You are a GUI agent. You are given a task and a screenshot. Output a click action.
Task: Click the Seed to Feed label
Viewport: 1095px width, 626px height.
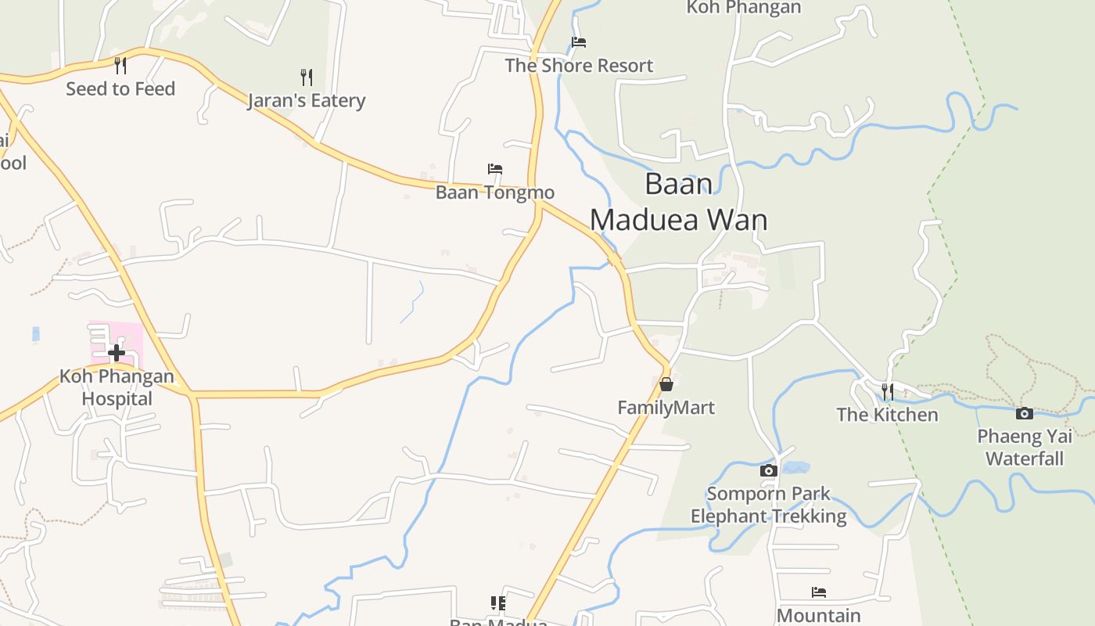click(x=120, y=89)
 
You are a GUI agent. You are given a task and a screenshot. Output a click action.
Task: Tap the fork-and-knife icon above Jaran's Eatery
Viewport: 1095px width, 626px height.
click(x=307, y=77)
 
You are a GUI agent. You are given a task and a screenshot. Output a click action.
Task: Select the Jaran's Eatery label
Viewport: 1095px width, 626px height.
click(x=307, y=101)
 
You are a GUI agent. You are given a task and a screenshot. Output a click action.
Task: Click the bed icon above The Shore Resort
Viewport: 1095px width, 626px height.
click(x=579, y=41)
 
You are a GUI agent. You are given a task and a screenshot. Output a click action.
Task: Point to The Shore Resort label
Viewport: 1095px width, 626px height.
click(x=579, y=66)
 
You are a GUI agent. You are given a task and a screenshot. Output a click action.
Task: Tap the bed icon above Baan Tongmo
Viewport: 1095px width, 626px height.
click(x=494, y=168)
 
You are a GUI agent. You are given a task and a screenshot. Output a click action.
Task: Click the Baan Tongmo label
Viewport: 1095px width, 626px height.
click(x=494, y=192)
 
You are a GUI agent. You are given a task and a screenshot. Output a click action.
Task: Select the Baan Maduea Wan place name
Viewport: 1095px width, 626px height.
click(x=678, y=202)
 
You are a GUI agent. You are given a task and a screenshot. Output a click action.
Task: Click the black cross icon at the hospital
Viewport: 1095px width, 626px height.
click(x=117, y=353)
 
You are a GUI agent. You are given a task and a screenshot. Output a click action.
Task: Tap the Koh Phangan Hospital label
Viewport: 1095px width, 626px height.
click(x=117, y=387)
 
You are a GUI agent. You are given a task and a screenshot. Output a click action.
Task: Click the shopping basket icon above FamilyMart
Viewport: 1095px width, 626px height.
click(x=666, y=384)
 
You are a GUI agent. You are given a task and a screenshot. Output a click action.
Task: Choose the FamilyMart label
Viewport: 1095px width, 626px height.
click(x=666, y=408)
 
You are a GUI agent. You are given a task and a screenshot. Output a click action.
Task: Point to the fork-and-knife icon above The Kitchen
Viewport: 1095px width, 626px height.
click(x=888, y=390)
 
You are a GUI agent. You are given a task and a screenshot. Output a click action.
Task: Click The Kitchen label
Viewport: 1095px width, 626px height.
click(x=888, y=415)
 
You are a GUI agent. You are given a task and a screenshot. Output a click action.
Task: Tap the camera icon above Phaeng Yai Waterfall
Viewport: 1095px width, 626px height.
click(x=1025, y=413)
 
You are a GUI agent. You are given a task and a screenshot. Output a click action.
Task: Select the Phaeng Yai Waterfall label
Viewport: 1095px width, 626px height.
click(x=1025, y=447)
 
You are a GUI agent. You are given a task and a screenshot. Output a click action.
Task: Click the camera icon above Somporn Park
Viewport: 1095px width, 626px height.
click(x=769, y=470)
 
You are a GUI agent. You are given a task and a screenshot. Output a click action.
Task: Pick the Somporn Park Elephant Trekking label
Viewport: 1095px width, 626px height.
click(x=769, y=505)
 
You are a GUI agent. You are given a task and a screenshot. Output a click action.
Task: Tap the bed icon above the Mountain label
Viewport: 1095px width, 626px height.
click(x=819, y=592)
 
